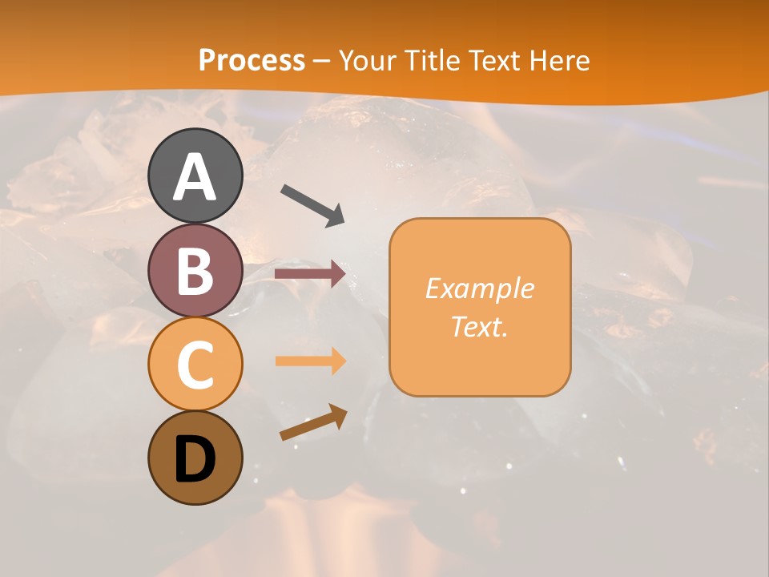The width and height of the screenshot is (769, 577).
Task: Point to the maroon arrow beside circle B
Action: click(310, 274)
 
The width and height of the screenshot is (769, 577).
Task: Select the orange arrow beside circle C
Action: click(310, 361)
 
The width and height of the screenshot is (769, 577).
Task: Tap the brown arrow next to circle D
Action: click(313, 422)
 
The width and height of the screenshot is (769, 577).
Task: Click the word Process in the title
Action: click(252, 60)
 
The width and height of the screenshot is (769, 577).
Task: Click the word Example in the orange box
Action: click(480, 288)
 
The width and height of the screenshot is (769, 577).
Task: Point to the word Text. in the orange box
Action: click(480, 326)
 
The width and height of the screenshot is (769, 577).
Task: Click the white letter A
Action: click(195, 177)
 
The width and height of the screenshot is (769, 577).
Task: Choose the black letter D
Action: click(195, 460)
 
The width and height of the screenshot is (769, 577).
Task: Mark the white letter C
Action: click(195, 365)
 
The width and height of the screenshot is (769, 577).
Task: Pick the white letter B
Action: click(195, 272)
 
